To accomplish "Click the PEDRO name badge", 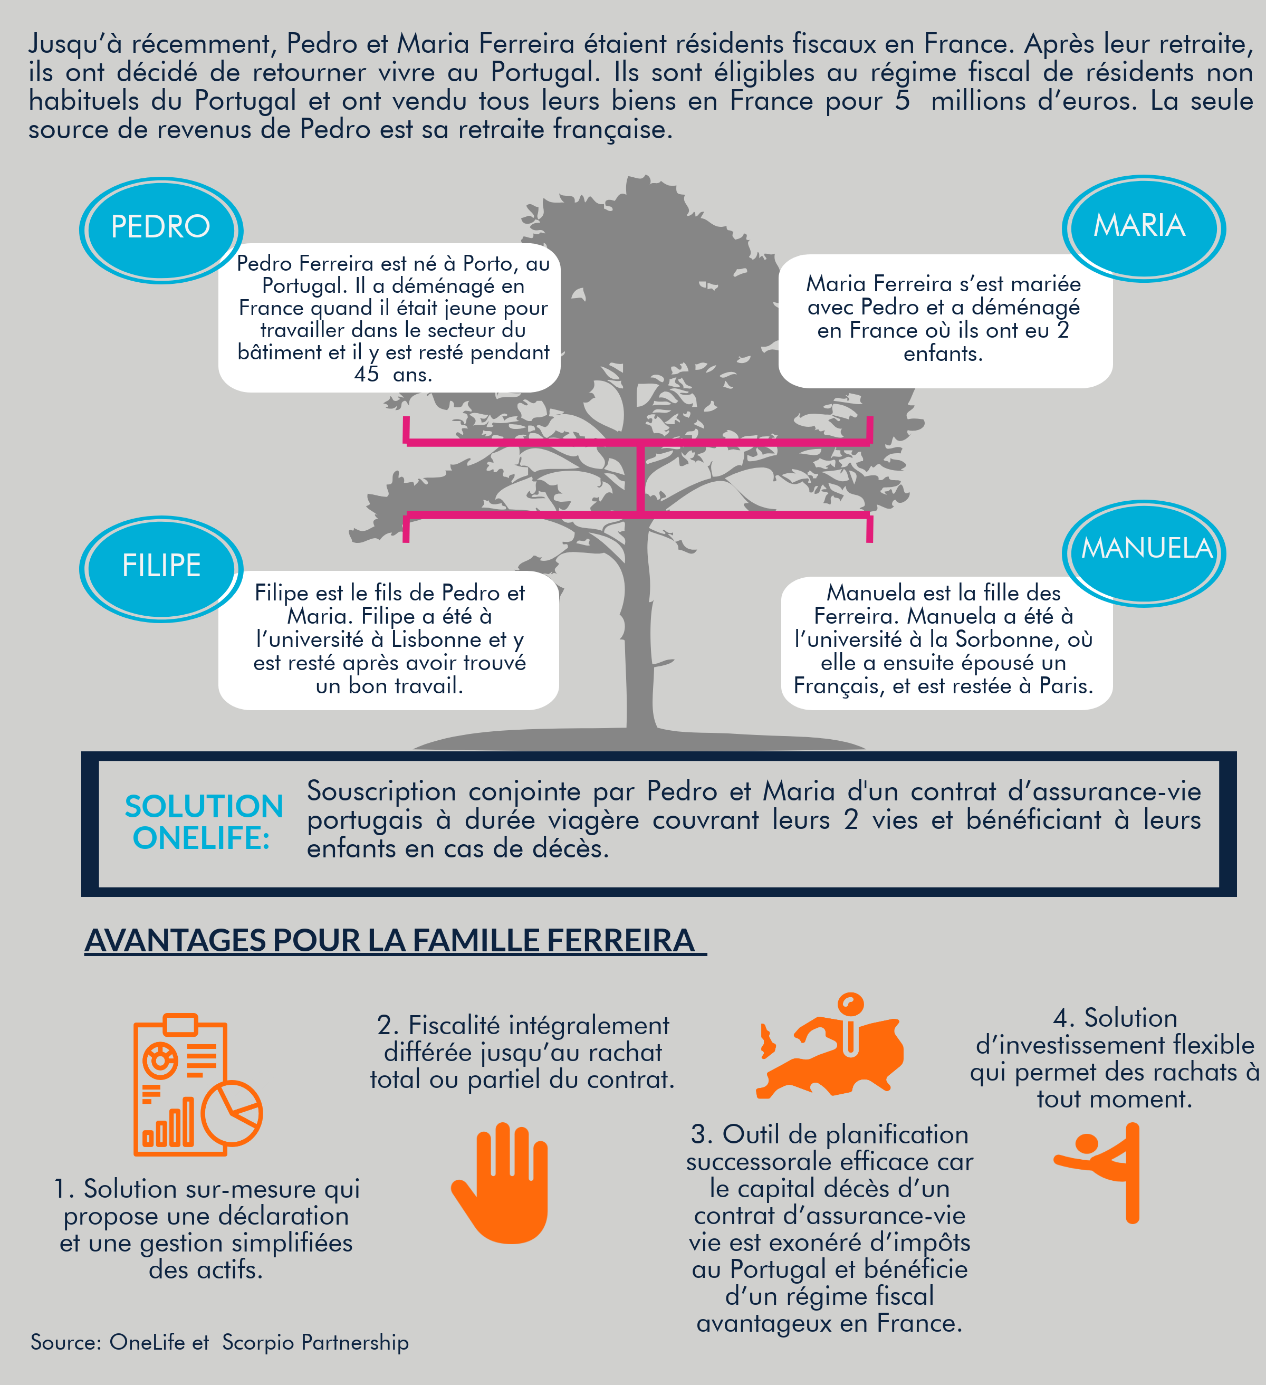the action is point(161,230).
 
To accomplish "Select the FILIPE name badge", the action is point(161,568).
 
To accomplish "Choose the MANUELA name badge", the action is point(1144,553).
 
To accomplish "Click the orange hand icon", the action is point(500,1182).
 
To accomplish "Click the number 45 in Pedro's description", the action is point(367,375).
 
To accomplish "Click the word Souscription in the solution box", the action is point(381,791).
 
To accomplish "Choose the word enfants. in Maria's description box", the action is point(943,354).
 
